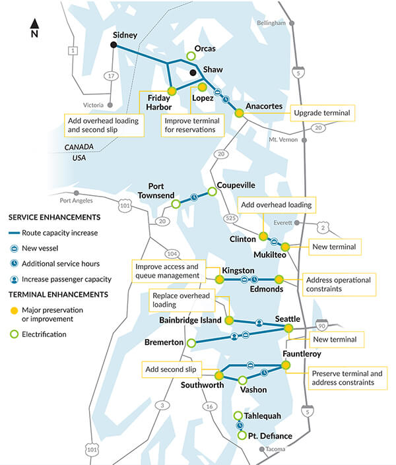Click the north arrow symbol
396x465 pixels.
[34, 28]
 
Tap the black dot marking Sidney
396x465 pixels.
[114, 45]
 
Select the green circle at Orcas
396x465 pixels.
[191, 56]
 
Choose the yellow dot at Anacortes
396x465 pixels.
[240, 113]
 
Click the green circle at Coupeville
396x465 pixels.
[213, 192]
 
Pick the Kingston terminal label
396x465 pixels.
[238, 270]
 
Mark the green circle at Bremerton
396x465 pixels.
[191, 343]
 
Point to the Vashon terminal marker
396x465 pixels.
[242, 380]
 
